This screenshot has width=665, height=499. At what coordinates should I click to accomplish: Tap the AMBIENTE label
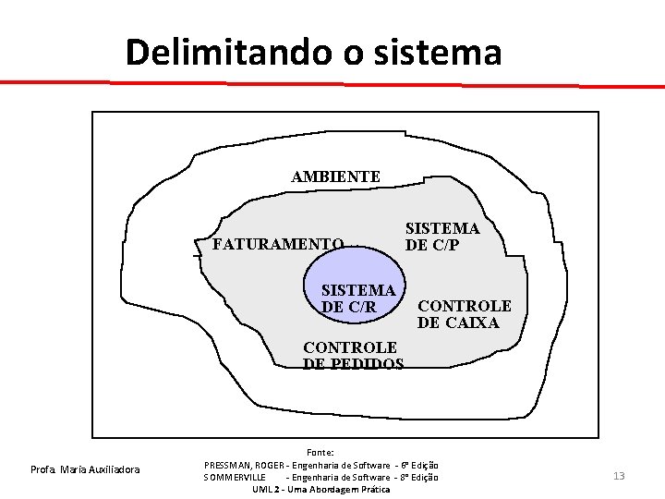[x=335, y=176]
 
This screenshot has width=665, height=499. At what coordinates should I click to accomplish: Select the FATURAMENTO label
[x=278, y=245]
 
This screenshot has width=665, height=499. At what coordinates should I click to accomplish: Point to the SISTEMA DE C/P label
[x=442, y=237]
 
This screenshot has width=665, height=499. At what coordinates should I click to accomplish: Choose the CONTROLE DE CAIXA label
[x=464, y=314]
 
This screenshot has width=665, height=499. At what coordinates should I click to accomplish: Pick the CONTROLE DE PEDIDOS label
[x=353, y=356]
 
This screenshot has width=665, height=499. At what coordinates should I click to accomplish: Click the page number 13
[x=619, y=476]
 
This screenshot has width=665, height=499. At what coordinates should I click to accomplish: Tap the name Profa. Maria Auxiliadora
[x=85, y=470]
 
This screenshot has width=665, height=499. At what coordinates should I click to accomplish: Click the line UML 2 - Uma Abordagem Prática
[x=320, y=488]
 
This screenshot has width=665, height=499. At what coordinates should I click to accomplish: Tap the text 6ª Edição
[x=420, y=464]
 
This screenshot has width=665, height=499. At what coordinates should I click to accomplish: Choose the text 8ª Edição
[x=420, y=476]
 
